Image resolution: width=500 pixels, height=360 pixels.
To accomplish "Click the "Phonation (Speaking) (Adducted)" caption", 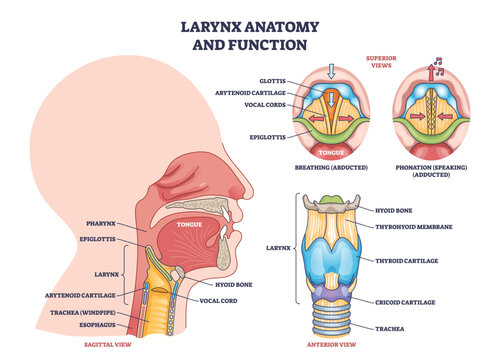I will click(x=436, y=170).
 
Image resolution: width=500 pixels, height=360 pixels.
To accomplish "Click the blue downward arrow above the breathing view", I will click(x=332, y=71).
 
